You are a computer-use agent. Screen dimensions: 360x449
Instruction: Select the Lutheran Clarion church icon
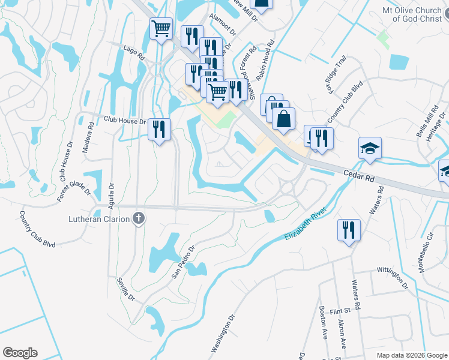tap(139, 218)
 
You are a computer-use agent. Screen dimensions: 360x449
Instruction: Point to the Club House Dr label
tap(124, 121)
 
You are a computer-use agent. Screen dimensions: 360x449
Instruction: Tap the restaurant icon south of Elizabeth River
tap(348, 230)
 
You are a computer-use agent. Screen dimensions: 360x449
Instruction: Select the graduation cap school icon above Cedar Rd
tap(370, 148)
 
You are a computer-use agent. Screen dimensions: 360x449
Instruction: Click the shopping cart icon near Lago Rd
tap(161, 28)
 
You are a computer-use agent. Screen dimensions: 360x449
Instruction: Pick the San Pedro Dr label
tap(184, 261)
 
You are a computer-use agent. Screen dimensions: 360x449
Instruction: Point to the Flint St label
tap(339, 311)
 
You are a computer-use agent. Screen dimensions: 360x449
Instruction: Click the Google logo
tap(20, 353)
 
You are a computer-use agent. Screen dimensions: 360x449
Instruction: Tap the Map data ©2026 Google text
tap(411, 355)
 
